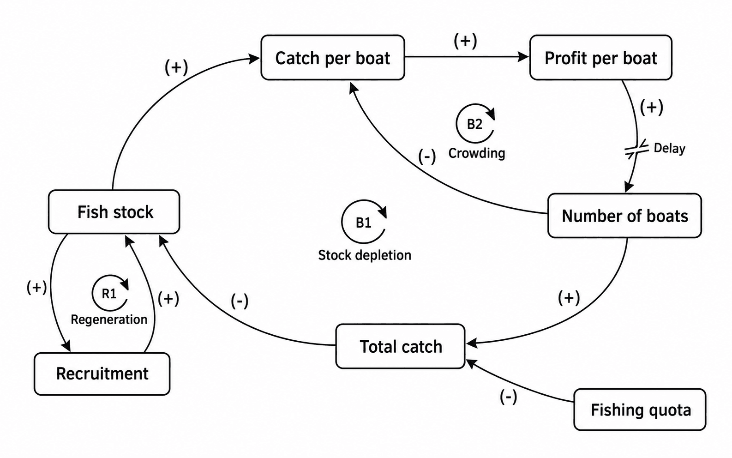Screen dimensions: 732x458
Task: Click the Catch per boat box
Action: click(333, 58)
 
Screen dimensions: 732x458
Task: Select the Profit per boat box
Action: click(600, 58)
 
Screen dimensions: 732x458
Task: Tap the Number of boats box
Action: click(624, 216)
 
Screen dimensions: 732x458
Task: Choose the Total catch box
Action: click(400, 346)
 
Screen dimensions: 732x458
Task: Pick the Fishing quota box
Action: click(640, 409)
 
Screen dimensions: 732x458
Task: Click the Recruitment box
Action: click(102, 374)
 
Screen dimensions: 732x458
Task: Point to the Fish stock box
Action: click(114, 212)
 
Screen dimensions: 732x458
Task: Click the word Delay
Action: click(669, 148)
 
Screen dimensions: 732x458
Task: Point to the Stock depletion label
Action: click(365, 255)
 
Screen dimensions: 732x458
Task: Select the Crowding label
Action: click(476, 153)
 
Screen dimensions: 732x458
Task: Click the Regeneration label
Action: click(109, 319)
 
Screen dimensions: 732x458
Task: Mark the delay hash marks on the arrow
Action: click(636, 150)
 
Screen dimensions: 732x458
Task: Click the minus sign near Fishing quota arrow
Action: click(508, 397)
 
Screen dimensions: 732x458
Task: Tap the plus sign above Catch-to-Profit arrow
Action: click(465, 41)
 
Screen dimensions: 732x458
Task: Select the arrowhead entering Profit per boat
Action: click(524, 57)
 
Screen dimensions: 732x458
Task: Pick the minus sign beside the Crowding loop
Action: click(427, 156)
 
